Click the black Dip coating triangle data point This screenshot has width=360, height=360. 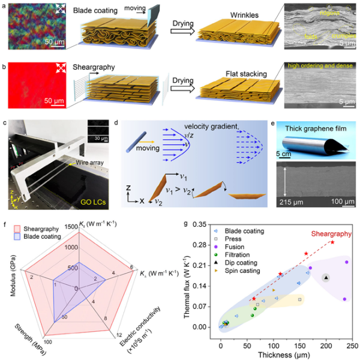326,277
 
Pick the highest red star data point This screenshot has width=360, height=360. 332,242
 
